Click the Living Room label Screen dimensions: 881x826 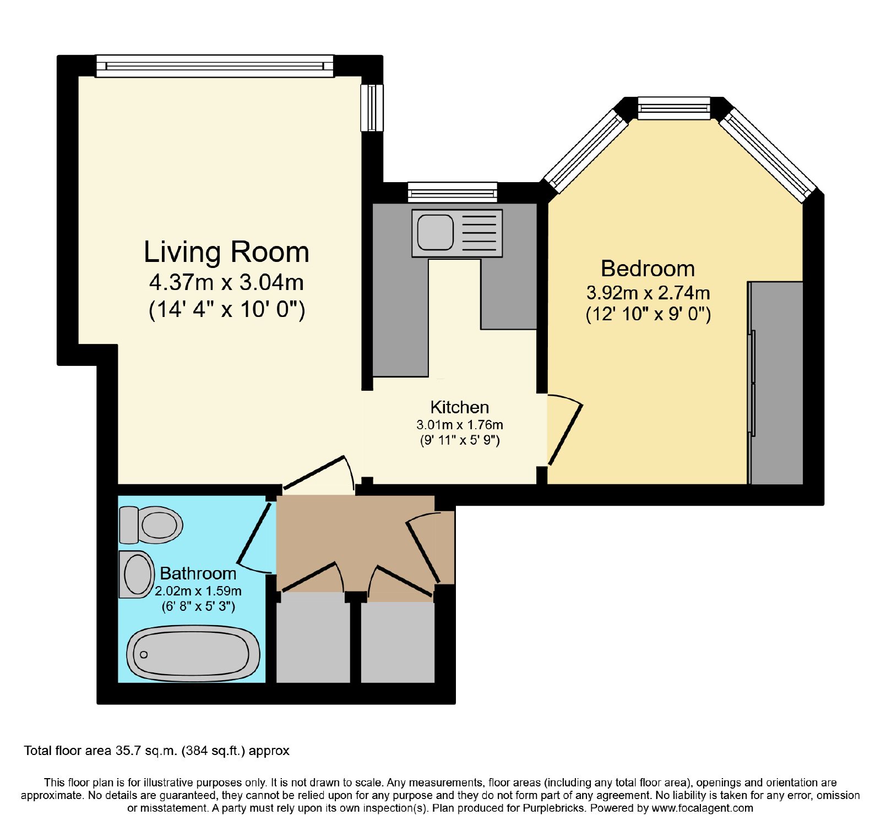pos(226,252)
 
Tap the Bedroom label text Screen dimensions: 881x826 pos(648,269)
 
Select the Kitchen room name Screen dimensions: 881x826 pos(459,407)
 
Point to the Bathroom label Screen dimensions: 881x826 pos(198,573)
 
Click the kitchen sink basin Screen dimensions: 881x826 pos(435,232)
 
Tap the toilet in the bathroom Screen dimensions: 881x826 pos(151,524)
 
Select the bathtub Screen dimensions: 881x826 pos(193,654)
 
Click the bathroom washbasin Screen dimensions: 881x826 pos(137,575)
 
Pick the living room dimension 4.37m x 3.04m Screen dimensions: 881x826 pos(226,282)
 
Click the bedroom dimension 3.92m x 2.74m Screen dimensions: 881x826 pos(648,292)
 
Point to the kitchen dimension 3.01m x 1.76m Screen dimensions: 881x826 pos(460,425)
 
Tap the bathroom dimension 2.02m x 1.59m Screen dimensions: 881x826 pos(198,591)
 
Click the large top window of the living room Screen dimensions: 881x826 pos(215,66)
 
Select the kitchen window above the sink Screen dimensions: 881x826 pos(453,193)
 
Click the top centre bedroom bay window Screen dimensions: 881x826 pos(674,108)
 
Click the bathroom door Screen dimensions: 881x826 pos(254,534)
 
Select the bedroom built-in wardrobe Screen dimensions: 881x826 pos(775,383)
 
